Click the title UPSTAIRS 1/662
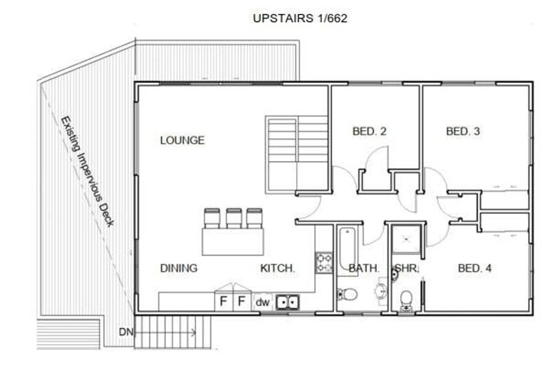pyautogui.click(x=300, y=19)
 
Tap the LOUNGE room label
pyautogui.click(x=182, y=140)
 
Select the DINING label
pyautogui.click(x=178, y=268)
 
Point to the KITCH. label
pyautogui.click(x=277, y=268)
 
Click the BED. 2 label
pyautogui.click(x=370, y=132)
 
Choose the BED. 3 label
pyautogui.click(x=463, y=132)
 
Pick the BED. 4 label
pyautogui.click(x=475, y=268)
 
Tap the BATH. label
pyautogui.click(x=363, y=268)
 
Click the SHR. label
pyautogui.click(x=406, y=268)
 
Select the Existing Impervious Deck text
pyautogui.click(x=87, y=172)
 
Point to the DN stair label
pyautogui.click(x=126, y=332)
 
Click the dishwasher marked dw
pyautogui.click(x=263, y=302)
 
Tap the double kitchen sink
pyautogui.click(x=287, y=302)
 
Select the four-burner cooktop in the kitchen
pyautogui.click(x=324, y=262)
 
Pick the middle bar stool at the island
pyautogui.click(x=233, y=217)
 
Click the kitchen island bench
pyautogui.click(x=233, y=241)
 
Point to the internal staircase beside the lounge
pyautogui.click(x=296, y=152)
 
